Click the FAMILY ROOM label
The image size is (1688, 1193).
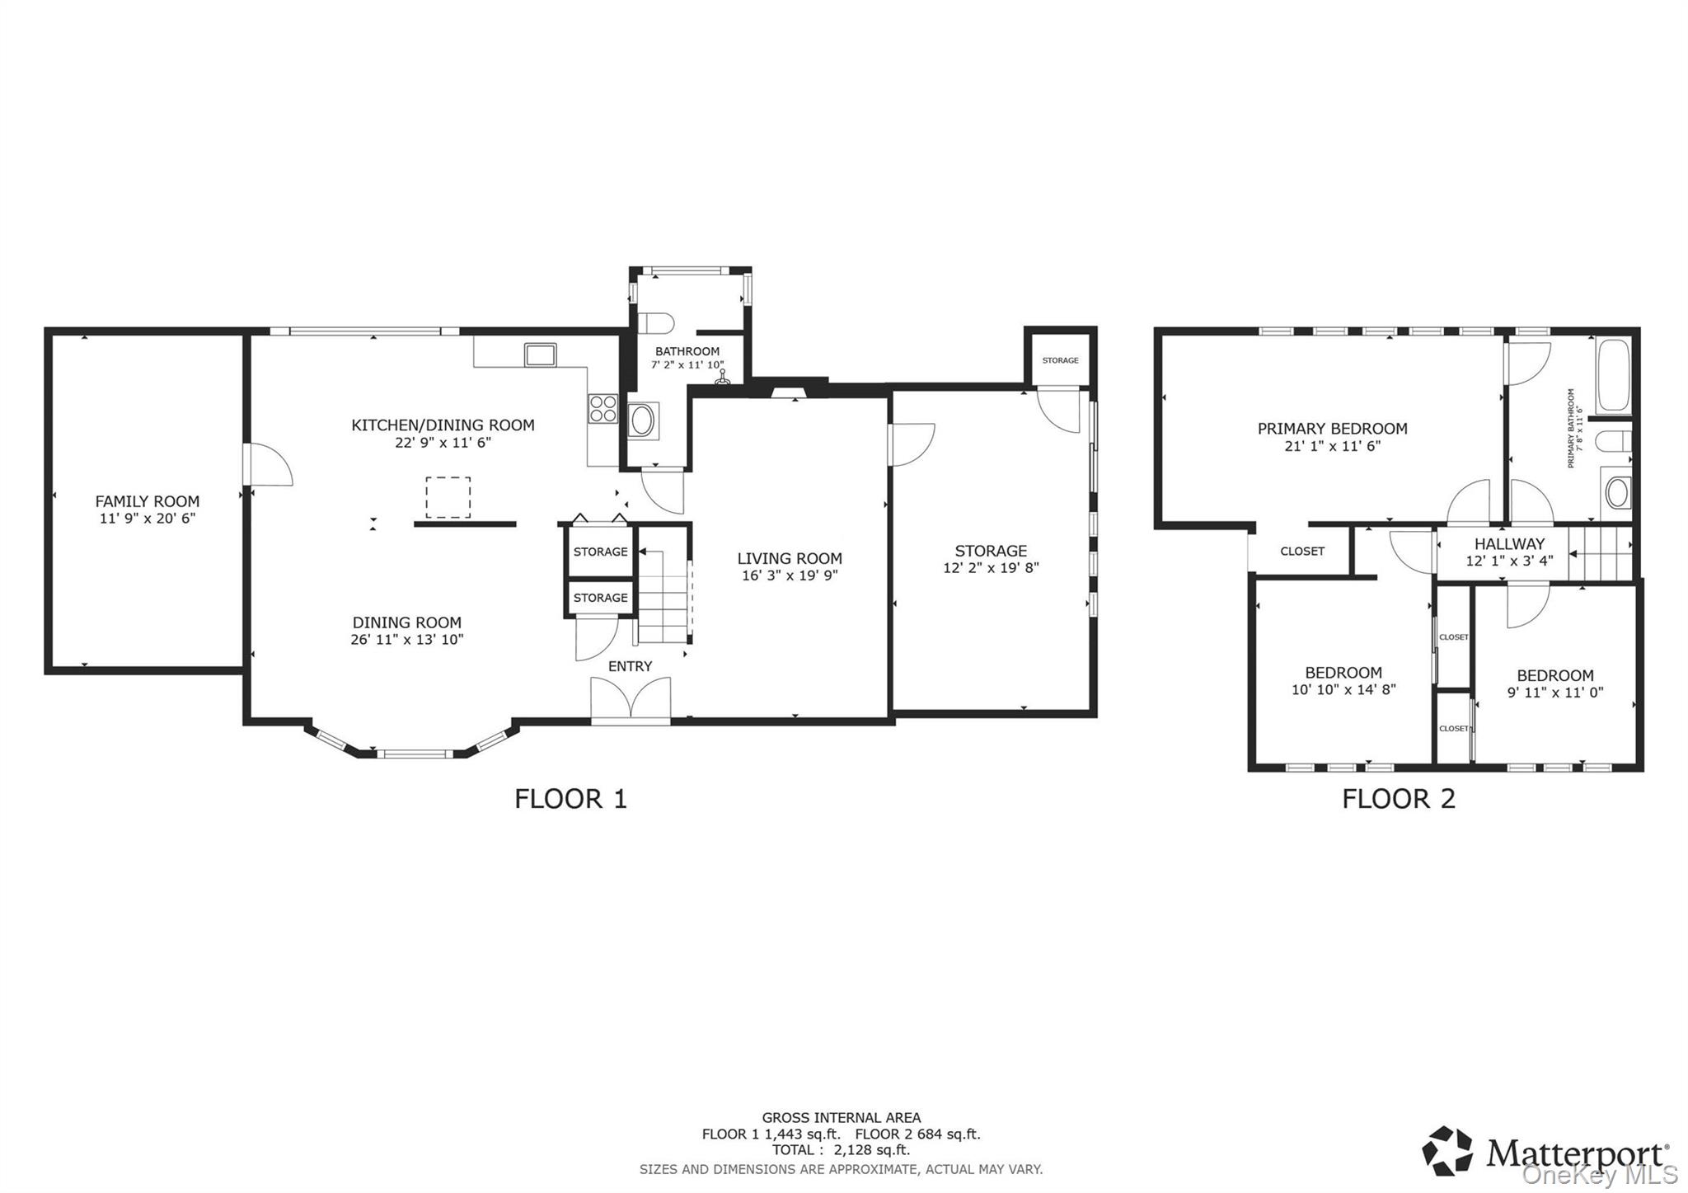(147, 501)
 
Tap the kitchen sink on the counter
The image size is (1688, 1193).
(541, 355)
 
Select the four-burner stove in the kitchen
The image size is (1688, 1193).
(603, 409)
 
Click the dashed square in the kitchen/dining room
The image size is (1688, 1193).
(448, 497)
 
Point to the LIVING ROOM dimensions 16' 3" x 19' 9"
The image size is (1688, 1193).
(790, 576)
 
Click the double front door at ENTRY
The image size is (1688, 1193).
(631, 700)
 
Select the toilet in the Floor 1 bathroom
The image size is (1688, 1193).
(657, 322)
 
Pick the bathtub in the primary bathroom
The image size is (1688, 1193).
(1613, 376)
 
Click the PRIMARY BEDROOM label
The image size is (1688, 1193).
(1332, 429)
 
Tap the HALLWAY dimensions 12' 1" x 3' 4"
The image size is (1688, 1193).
(1509, 561)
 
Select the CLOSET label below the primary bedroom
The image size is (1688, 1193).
(1302, 552)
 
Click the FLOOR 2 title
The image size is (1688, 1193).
(1399, 799)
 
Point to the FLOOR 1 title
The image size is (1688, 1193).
(570, 799)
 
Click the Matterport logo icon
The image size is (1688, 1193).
(1447, 1150)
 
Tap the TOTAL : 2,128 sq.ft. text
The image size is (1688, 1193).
(841, 1150)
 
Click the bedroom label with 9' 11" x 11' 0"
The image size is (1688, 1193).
(1555, 676)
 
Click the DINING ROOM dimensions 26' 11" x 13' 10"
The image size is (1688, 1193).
(407, 640)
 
